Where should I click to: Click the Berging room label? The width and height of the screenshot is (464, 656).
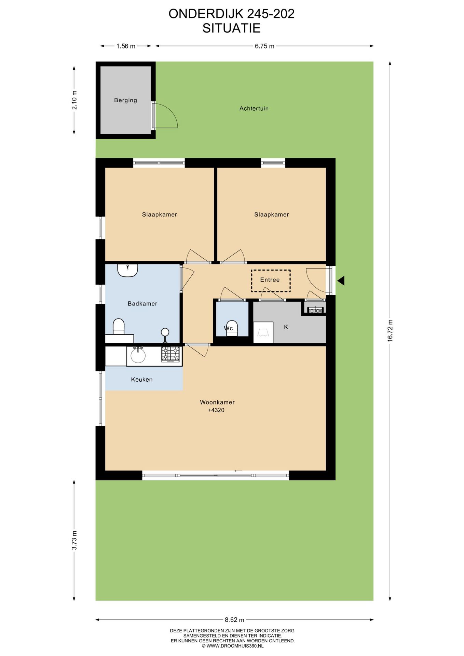125,100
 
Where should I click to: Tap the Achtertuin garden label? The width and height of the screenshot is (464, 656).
254,108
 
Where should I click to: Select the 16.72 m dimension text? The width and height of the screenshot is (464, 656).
390,330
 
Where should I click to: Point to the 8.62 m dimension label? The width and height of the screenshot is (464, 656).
234,619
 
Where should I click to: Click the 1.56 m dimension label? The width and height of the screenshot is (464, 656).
126,46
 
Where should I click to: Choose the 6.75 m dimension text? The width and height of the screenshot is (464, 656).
264,46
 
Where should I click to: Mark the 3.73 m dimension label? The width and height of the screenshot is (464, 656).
74,540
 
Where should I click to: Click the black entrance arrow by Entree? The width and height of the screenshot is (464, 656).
341,281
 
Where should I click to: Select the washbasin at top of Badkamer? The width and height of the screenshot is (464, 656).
127,270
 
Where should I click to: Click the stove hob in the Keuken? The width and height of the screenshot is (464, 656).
170,354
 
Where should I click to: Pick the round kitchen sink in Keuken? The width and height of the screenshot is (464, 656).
138,356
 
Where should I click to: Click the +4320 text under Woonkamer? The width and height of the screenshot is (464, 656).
216,410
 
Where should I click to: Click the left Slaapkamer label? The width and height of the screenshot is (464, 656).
159,215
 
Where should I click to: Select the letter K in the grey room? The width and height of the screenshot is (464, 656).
286,327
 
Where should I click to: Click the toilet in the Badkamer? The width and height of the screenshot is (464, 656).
119,326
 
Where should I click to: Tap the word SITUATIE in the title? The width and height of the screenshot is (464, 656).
231,28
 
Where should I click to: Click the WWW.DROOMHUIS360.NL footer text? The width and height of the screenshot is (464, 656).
232,646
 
